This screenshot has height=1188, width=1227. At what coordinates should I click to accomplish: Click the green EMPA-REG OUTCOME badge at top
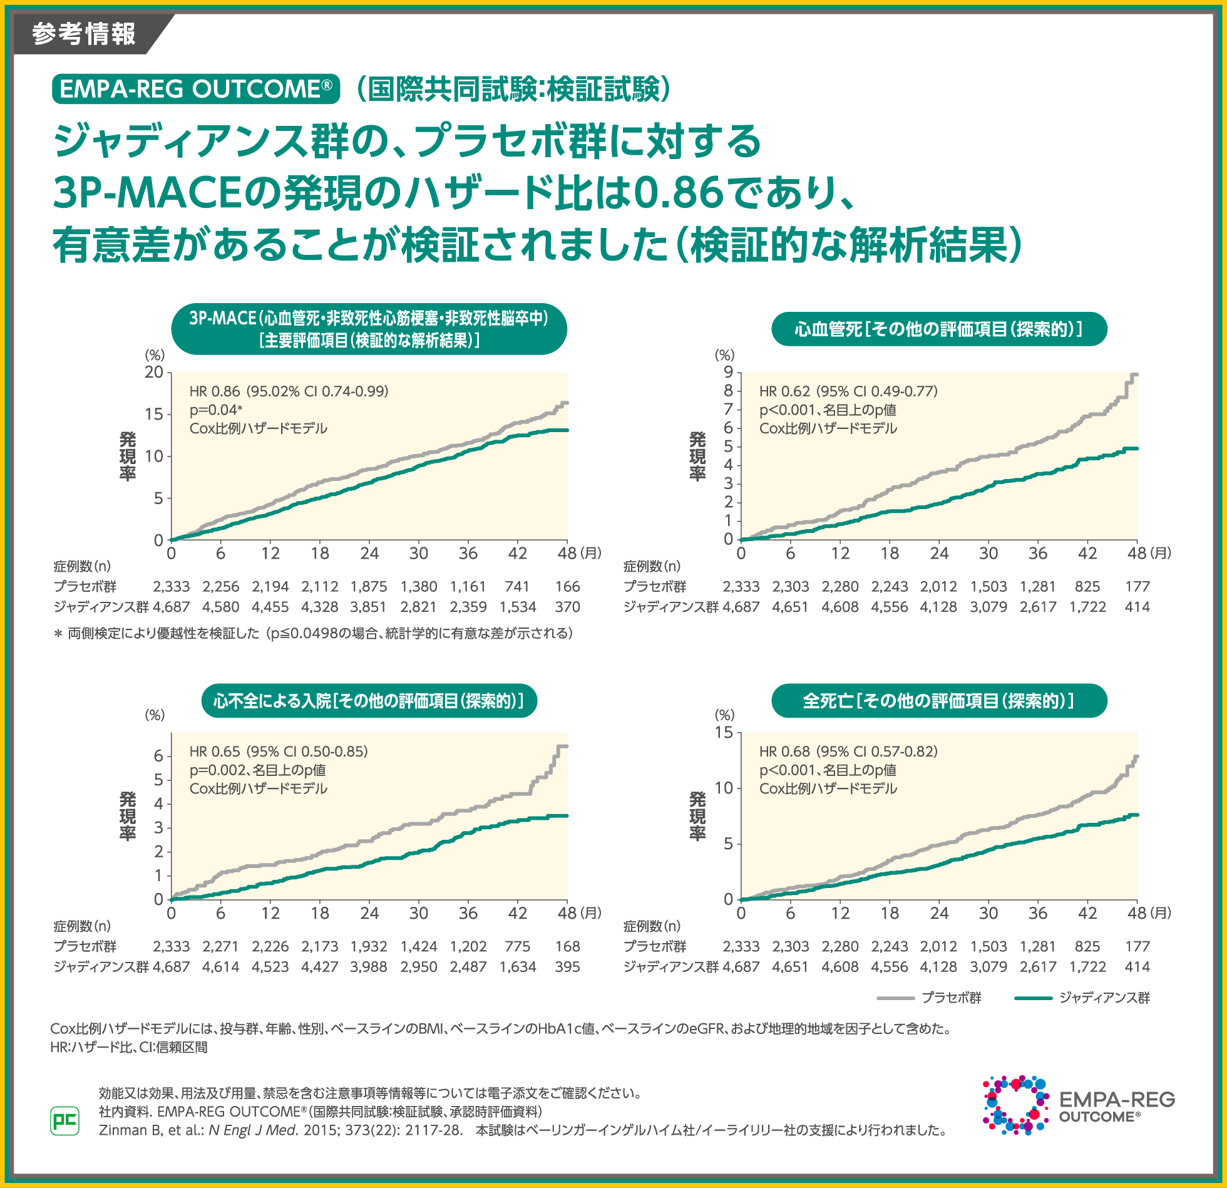(196, 89)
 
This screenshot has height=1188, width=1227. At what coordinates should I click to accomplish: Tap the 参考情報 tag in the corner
(84, 34)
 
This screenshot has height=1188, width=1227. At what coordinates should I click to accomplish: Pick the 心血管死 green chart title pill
(939, 329)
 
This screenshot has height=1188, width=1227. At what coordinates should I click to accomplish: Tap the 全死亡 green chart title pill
(939, 700)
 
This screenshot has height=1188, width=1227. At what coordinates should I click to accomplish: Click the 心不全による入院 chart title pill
(369, 700)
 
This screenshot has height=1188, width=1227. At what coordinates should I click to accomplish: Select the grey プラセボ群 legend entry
(930, 998)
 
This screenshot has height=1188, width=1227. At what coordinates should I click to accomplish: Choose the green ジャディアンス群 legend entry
(1082, 998)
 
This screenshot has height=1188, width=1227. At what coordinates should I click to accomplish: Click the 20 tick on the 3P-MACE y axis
(154, 373)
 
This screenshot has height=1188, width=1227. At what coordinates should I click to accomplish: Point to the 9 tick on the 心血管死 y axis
(728, 373)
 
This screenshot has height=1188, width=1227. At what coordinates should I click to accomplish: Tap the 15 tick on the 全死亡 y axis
(724, 733)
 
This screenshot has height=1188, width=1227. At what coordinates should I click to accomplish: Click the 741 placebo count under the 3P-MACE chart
(517, 587)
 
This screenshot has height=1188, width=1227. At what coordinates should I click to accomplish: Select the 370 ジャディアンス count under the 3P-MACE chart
(567, 607)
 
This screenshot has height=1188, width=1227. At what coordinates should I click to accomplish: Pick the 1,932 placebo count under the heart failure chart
(369, 946)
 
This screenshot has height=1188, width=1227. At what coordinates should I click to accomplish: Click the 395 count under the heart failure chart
(567, 966)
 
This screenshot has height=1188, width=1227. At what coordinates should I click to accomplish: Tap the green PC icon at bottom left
(64, 1120)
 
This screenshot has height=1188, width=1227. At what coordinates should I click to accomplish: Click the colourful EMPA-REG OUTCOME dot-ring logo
(1015, 1105)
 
